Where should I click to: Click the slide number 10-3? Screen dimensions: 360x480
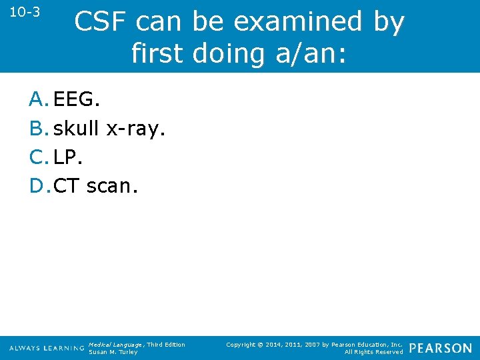click(x=25, y=12)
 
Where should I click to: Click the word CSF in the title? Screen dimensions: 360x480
click(x=101, y=22)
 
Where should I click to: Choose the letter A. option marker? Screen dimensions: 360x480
click(x=39, y=100)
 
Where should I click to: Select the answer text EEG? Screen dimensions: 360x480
click(x=76, y=100)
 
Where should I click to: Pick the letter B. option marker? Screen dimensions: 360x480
click(x=39, y=129)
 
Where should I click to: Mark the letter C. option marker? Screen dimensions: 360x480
click(x=39, y=157)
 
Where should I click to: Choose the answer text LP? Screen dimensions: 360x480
click(x=67, y=157)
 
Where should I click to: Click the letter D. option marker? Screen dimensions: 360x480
click(x=39, y=186)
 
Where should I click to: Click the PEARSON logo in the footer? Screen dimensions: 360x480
click(x=440, y=348)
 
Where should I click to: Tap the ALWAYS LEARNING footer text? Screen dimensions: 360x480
click(x=47, y=348)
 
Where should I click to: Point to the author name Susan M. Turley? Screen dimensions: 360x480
click(x=113, y=352)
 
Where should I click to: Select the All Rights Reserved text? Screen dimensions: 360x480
click(x=373, y=352)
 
